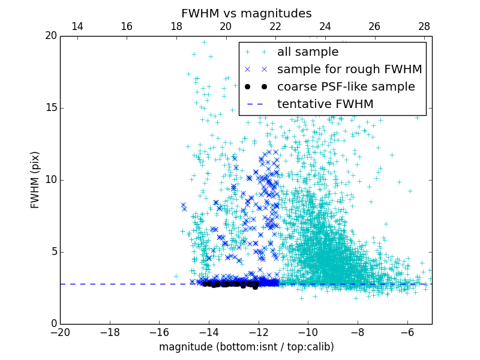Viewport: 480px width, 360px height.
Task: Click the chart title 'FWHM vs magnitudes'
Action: (246, 13)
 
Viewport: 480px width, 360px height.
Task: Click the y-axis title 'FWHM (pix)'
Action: (35, 179)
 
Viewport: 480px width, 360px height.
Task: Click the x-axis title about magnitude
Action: (246, 347)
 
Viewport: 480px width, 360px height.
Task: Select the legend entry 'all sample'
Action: (308, 52)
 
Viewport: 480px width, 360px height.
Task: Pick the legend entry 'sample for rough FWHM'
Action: (349, 70)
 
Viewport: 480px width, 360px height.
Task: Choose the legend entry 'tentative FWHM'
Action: (325, 104)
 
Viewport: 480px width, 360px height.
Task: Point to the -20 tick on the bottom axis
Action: (60, 332)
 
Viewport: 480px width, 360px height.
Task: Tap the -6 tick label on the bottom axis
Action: (407, 332)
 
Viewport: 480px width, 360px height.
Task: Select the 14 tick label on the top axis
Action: (77, 26)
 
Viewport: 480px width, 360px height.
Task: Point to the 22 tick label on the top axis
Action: (275, 26)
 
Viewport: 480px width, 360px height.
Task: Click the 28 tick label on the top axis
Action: (424, 26)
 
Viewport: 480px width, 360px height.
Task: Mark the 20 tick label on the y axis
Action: (50, 36)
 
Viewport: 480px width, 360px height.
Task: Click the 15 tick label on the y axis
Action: (50, 108)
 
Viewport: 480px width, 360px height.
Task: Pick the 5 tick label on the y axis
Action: (53, 252)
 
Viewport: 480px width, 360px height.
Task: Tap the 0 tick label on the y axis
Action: (53, 324)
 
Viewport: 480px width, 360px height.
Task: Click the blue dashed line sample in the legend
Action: (256, 104)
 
